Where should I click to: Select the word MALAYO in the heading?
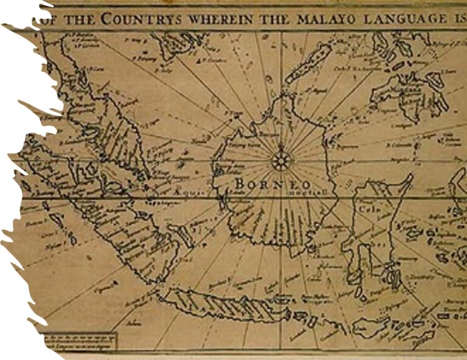313,19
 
